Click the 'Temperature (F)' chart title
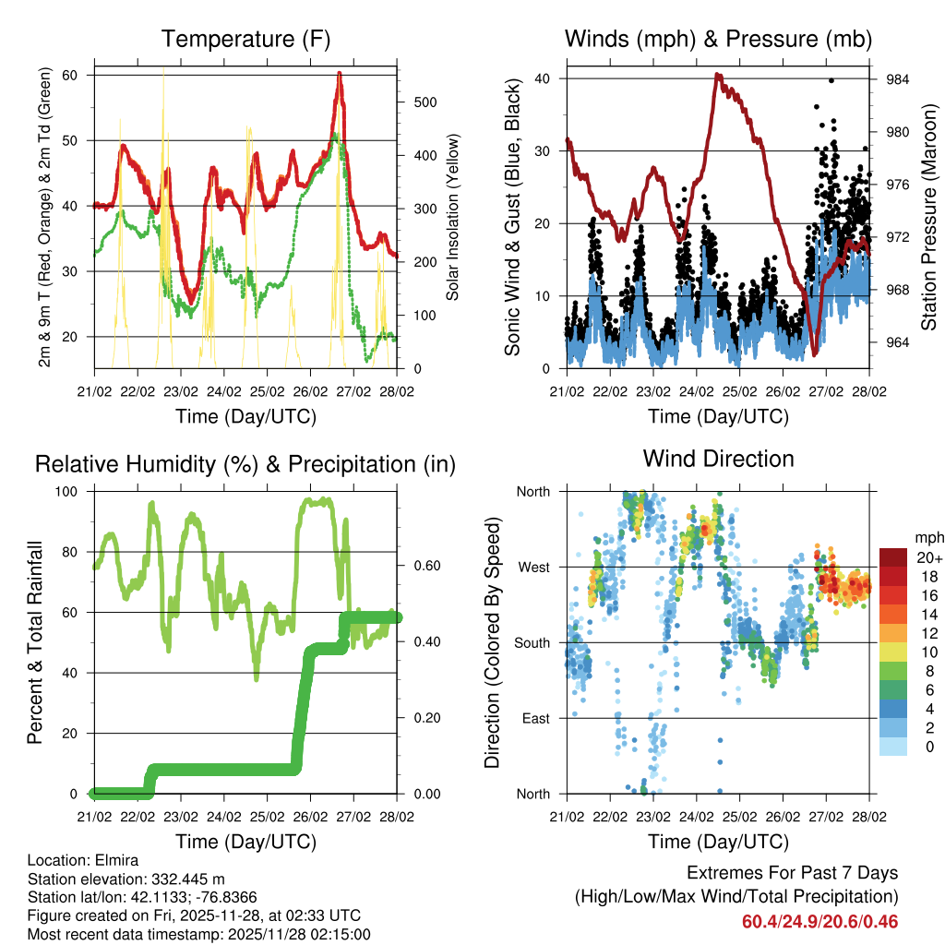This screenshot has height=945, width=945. click(245, 39)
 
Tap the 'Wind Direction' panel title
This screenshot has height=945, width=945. click(718, 458)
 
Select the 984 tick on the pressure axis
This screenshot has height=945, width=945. click(898, 79)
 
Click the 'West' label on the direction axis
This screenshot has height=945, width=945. click(532, 567)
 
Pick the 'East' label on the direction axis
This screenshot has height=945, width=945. click(533, 718)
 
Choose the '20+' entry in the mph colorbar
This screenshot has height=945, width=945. click(928, 556)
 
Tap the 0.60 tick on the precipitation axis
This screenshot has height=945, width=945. click(419, 566)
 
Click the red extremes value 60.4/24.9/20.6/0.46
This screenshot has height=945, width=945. click(819, 921)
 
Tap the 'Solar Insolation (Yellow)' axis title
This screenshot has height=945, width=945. click(453, 219)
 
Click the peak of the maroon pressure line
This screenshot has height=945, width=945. click(717, 74)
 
